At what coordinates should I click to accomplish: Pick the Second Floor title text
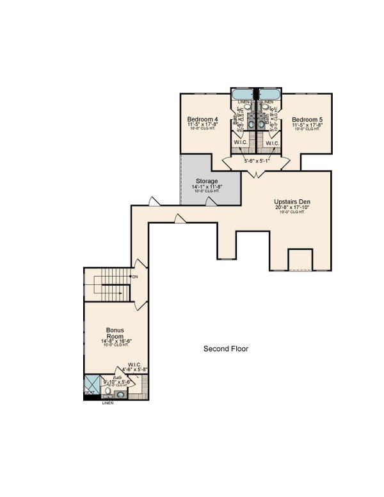pyautogui.click(x=225, y=349)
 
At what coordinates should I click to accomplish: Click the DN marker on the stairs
pyautogui.click(x=135, y=276)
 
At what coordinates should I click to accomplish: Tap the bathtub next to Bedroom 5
pyautogui.click(x=268, y=94)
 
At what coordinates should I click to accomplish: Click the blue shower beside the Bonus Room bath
pyautogui.click(x=90, y=387)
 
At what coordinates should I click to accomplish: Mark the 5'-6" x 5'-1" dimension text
pyautogui.click(x=256, y=161)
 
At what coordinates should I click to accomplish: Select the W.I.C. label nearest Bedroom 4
pyautogui.click(x=241, y=142)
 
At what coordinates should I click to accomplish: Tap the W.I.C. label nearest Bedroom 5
pyautogui.click(x=272, y=142)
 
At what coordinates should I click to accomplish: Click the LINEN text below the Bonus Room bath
pyautogui.click(x=107, y=403)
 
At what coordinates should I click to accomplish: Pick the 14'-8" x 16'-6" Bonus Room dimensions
pyautogui.click(x=115, y=341)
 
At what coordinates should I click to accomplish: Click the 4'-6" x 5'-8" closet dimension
pyautogui.click(x=135, y=369)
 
